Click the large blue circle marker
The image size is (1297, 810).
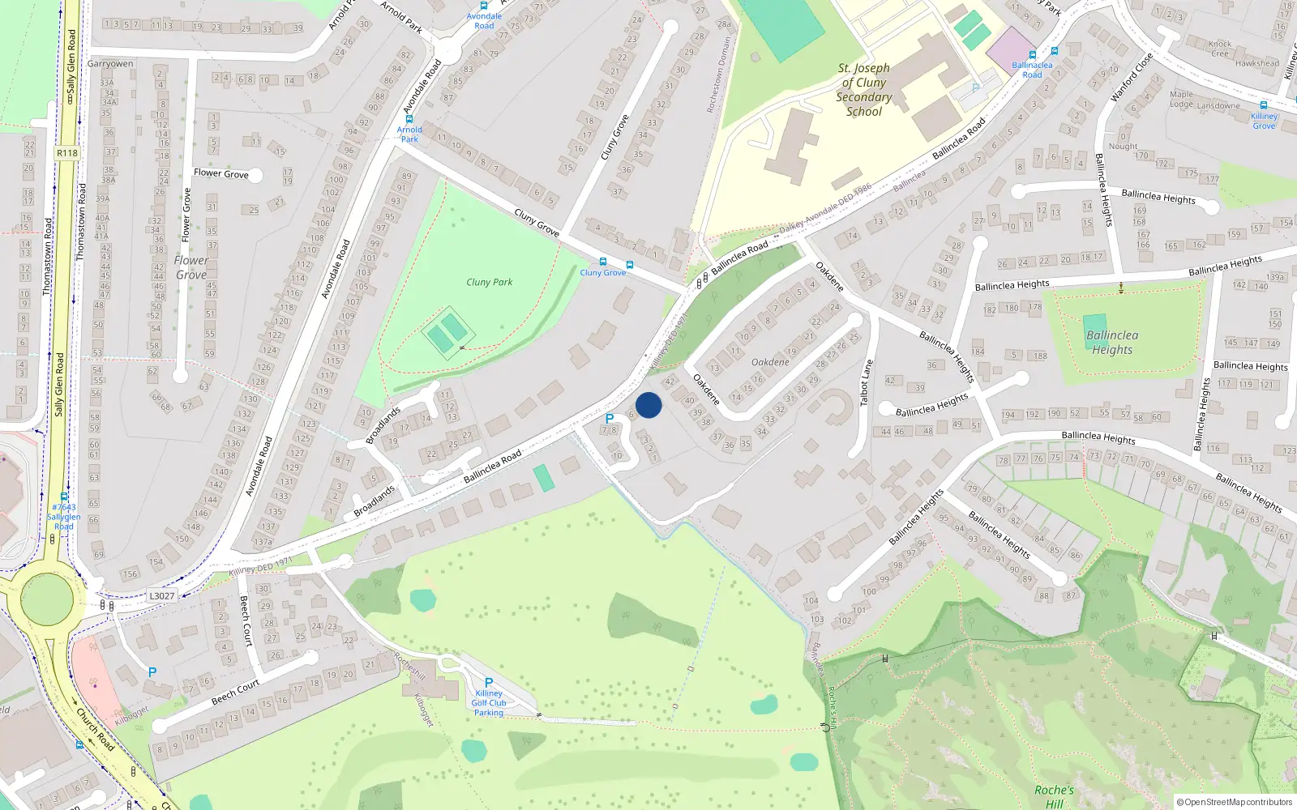648,405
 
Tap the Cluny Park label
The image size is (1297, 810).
489,282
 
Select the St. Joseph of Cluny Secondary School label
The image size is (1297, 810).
864,90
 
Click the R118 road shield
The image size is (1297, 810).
67,153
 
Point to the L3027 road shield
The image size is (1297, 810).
161,595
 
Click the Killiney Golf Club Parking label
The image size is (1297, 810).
489,702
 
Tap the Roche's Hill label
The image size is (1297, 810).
1054,796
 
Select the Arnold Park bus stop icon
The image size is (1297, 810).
409,119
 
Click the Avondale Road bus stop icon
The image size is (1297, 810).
484,6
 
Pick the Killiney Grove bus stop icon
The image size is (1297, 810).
1264,105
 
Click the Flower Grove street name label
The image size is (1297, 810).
220,173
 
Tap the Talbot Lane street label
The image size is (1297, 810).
866,382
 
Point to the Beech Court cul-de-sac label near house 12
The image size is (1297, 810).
235,692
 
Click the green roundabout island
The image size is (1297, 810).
47,600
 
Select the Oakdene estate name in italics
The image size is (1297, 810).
770,362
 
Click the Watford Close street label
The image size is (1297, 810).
1131,78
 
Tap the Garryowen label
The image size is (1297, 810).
110,63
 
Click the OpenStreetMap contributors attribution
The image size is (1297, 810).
1235,802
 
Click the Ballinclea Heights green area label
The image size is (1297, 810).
1112,342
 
